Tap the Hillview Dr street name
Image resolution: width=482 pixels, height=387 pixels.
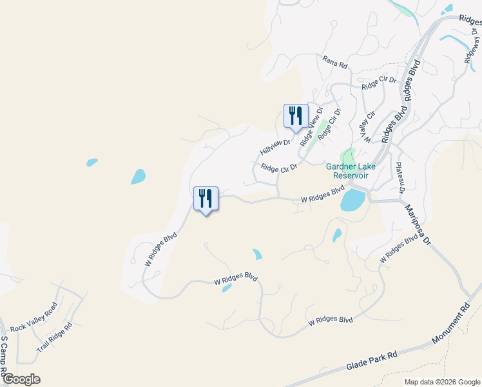(x=276, y=144)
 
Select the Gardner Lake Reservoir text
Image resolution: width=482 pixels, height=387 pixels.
(x=347, y=171)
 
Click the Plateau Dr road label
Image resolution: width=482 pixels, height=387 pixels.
(x=401, y=177)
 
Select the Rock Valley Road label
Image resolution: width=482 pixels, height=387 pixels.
(x=34, y=317)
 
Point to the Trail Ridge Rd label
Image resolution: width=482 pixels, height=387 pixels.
(x=55, y=335)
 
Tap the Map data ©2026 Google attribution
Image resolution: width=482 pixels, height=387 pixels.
(x=442, y=382)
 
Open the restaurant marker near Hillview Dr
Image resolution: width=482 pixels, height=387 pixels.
(x=296, y=116)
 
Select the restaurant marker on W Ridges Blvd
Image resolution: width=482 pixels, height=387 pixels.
(x=206, y=199)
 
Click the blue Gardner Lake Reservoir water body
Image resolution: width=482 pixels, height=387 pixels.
(x=352, y=200)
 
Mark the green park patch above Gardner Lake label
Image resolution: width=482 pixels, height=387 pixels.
(x=349, y=155)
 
